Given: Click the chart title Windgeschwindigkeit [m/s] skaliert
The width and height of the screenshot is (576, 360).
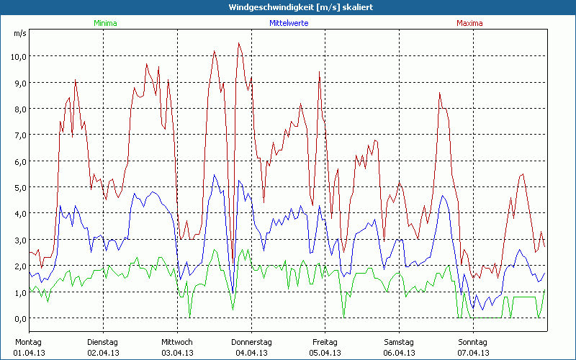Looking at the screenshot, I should [x=288, y=7].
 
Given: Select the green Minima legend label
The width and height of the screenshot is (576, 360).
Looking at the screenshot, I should [x=104, y=24].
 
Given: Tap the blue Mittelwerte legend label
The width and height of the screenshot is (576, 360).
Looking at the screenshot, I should [x=289, y=24].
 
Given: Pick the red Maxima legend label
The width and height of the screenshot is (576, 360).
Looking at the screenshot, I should [x=469, y=24].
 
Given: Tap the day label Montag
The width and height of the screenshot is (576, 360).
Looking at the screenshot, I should [x=28, y=342].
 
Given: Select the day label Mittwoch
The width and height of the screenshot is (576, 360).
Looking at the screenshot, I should [x=176, y=342].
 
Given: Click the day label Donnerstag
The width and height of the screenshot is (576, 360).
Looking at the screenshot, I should [x=251, y=342].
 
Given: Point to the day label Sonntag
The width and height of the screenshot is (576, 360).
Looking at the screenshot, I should [x=473, y=342].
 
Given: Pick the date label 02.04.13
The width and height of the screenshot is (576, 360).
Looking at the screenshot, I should [x=102, y=353].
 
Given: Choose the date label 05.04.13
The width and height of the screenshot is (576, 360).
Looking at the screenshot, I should [x=325, y=353].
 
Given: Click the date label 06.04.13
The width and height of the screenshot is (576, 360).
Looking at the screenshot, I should [x=399, y=353].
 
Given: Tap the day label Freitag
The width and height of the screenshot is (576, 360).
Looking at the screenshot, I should [x=325, y=342].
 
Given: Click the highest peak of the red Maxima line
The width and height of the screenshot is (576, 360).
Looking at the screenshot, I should [x=239, y=43].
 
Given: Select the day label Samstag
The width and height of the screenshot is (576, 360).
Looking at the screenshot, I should [x=399, y=342].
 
